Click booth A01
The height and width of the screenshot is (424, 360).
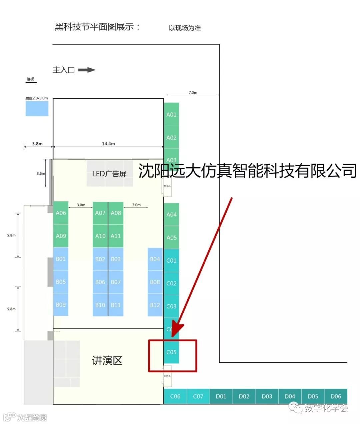171,114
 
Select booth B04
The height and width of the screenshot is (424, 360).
155,259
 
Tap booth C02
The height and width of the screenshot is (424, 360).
171,283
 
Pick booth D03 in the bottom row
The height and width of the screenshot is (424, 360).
267,396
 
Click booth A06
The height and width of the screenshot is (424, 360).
61,213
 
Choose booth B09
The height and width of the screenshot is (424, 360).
61,305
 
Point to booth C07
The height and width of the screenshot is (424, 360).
198,396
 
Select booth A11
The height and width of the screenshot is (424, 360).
116,236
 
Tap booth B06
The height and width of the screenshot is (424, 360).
100,282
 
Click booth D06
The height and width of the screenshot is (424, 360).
336,396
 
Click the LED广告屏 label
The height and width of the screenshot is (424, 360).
109,174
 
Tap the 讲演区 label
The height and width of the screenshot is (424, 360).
107,360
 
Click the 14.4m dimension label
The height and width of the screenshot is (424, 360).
108,144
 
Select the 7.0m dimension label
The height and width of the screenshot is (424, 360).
193,92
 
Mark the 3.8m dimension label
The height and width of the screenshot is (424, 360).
37,144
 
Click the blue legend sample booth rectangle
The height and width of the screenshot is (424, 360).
37,109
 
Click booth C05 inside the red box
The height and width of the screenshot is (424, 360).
171,352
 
